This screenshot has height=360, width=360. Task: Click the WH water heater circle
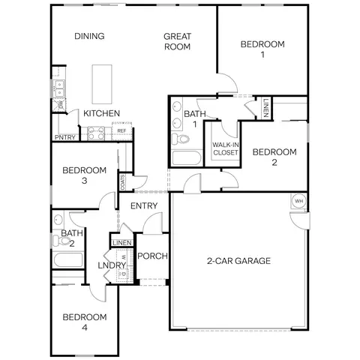(x=298, y=201)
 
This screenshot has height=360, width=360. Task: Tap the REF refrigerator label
(x=121, y=130)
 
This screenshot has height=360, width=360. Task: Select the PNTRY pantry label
(x=65, y=137)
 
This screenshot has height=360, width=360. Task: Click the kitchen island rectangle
(x=102, y=84)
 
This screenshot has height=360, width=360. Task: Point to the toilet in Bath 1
(x=181, y=139)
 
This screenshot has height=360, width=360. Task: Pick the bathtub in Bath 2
(x=68, y=260)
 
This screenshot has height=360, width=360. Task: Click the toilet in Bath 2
(x=61, y=241)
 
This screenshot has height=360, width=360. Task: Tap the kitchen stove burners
(x=96, y=133)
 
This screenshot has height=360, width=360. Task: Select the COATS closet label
(x=122, y=182)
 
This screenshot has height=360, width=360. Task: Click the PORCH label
(x=152, y=256)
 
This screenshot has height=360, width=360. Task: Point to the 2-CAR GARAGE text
(x=238, y=261)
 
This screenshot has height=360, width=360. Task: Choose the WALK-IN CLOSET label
(x=226, y=148)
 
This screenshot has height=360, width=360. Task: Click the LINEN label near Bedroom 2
(x=265, y=108)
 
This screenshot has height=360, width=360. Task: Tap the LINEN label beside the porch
(x=122, y=243)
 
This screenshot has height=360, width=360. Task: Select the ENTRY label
(x=144, y=205)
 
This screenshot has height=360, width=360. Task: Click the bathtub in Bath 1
(x=187, y=158)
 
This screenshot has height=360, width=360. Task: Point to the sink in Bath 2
(x=58, y=220)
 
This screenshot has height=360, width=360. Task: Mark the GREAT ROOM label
(x=177, y=41)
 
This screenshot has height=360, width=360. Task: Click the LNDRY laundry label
(x=112, y=265)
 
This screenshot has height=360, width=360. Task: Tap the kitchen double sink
(x=59, y=88)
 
